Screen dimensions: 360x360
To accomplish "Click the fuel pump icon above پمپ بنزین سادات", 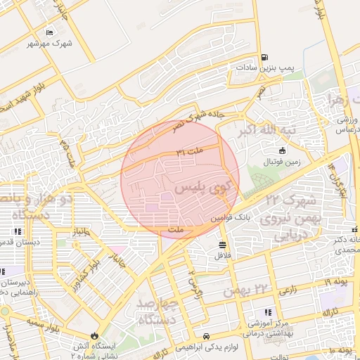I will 264,58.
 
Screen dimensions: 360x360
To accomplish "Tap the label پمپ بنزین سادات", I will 264,67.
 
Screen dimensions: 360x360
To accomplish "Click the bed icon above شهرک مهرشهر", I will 49,33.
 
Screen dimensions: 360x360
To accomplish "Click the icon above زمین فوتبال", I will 282,150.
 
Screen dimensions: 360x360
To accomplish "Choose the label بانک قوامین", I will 229,219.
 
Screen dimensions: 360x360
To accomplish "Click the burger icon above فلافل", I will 223,245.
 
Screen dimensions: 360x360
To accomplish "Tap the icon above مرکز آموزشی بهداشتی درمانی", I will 268,312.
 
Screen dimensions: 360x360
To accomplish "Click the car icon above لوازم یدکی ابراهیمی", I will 206,336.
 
